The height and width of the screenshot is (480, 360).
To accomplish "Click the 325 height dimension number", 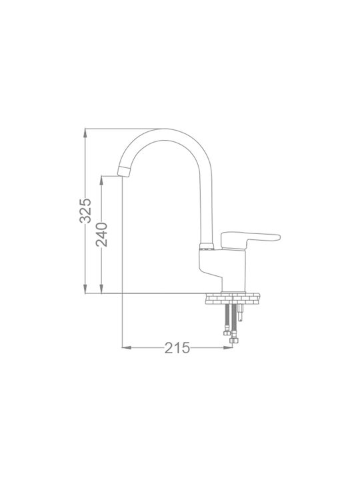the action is tap(85, 211).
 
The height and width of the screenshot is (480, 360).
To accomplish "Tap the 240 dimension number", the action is tap(101, 235).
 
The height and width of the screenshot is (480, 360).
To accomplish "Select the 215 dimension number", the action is tap(177, 348).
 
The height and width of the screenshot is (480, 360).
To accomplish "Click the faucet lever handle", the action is tap(250, 239).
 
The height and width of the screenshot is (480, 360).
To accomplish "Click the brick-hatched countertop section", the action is tap(233, 299).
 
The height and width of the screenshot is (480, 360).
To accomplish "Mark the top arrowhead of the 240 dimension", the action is tap(102, 180).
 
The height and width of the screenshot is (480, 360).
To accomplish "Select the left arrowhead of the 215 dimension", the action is tap(127, 347).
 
